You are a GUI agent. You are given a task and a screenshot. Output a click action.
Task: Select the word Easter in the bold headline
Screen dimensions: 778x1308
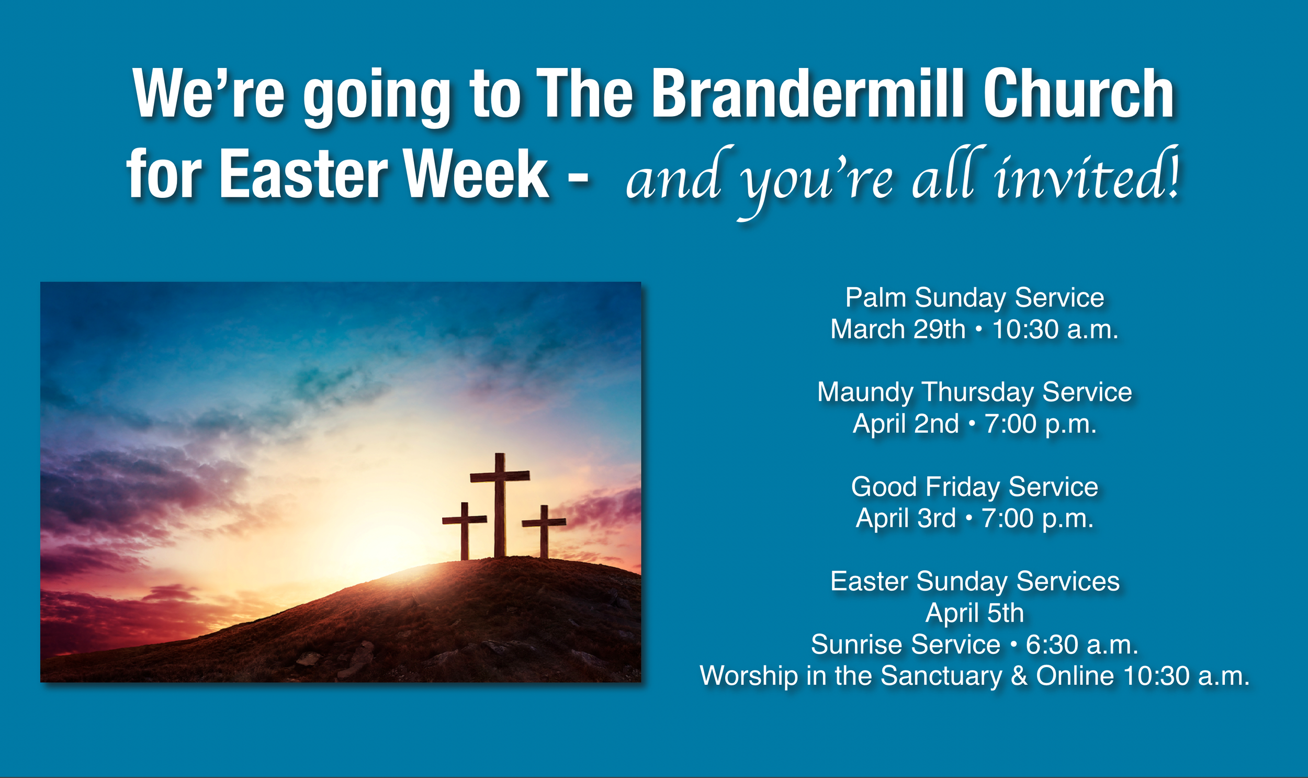tap(303, 174)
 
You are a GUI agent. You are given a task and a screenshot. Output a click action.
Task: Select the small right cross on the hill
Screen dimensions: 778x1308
tap(544, 532)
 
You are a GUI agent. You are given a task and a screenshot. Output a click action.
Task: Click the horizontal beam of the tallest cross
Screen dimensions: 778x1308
tap(500, 476)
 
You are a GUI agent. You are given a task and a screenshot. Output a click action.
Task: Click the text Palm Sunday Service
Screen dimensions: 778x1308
tap(975, 298)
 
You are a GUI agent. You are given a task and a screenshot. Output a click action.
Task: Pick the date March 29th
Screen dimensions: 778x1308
tap(897, 329)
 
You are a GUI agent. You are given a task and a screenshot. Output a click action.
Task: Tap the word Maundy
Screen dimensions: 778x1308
tap(865, 392)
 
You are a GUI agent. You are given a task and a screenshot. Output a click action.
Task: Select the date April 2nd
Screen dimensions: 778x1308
tap(905, 424)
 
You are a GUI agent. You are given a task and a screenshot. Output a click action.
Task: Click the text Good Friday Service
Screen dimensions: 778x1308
tap(975, 487)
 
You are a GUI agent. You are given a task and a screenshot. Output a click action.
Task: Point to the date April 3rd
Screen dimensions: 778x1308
tap(905, 518)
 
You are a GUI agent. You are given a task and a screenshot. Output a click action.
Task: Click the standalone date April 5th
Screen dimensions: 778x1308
tap(975, 612)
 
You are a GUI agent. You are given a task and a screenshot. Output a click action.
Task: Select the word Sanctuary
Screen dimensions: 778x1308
tap(941, 676)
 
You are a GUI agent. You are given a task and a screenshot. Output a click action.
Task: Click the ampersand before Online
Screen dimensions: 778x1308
tap(1019, 676)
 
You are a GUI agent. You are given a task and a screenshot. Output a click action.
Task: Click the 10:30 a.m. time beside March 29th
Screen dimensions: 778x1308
tap(1055, 329)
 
